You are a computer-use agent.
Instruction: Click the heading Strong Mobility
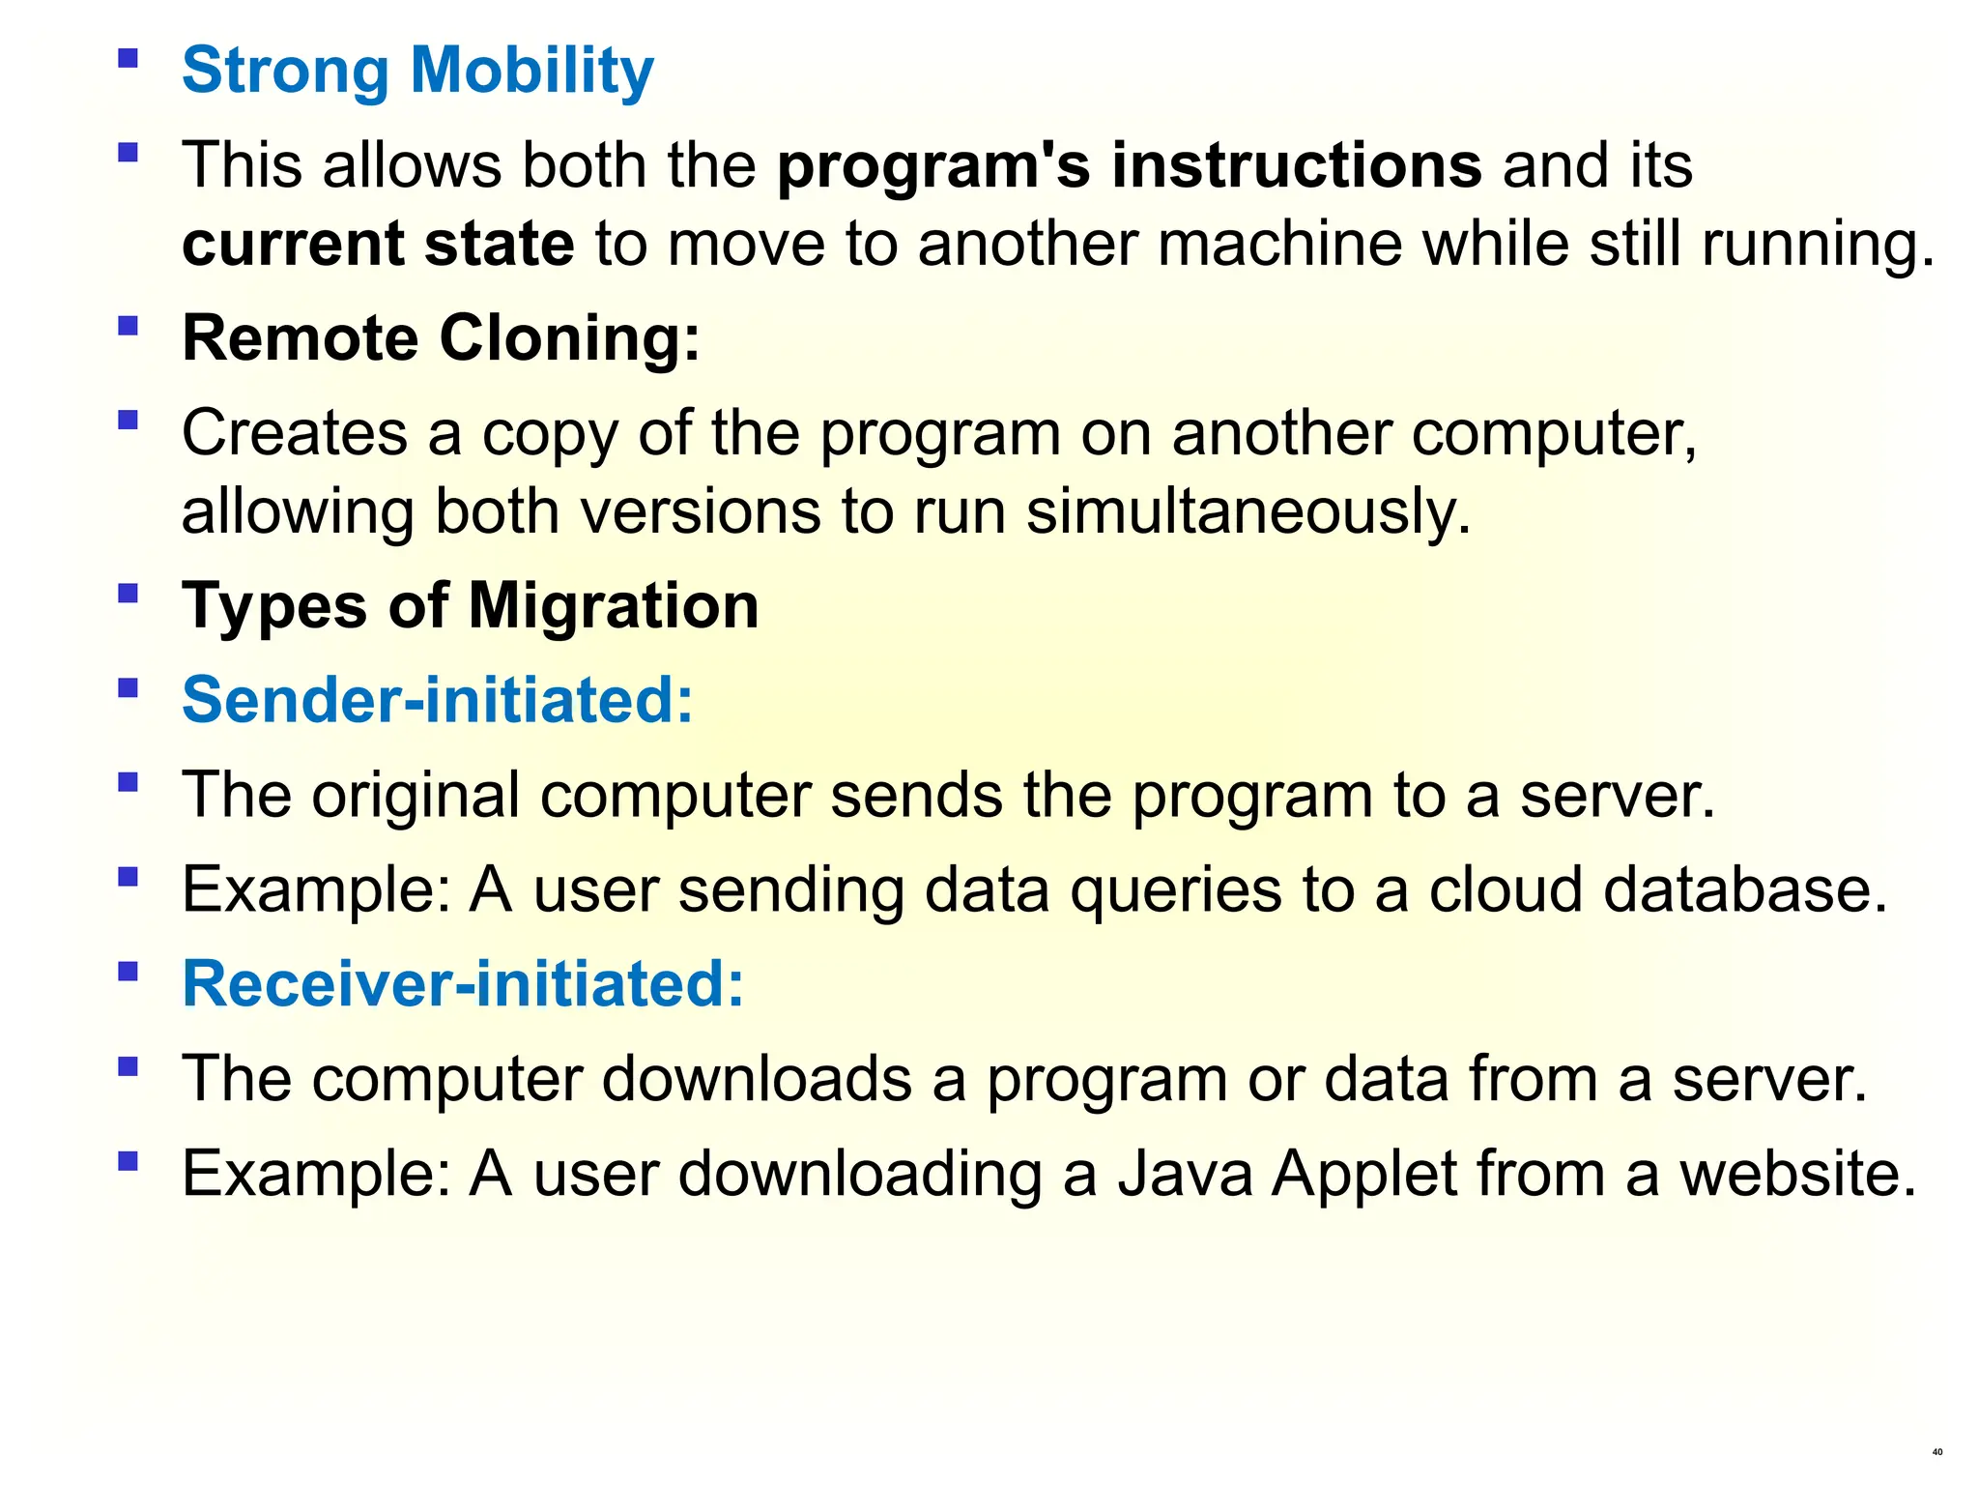pos(417,72)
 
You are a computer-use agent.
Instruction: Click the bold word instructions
pos(1296,165)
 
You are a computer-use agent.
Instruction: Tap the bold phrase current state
pos(378,244)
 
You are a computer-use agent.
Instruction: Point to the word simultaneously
pos(1248,511)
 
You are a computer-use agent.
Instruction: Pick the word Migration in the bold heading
pos(614,606)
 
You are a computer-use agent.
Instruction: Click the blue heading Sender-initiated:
pos(438,700)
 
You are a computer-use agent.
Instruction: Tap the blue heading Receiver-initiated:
pos(463,984)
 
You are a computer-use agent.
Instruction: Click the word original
pos(416,796)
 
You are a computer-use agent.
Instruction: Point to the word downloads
pos(757,1079)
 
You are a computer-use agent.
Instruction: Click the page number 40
pos(1936,1452)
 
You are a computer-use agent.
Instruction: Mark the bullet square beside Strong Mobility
pos(128,58)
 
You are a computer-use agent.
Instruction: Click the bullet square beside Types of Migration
pos(128,593)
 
